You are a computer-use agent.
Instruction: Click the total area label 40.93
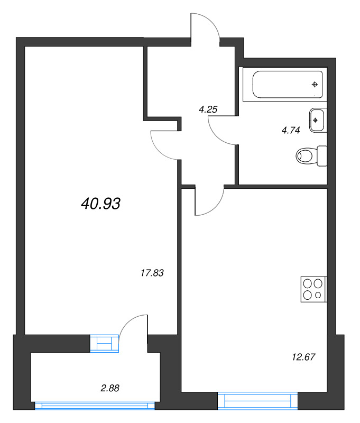[x=101, y=203]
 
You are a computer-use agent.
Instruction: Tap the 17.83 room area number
[x=152, y=273]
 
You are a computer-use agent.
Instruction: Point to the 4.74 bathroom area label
[x=291, y=131]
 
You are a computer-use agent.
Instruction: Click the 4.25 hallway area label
[x=208, y=110]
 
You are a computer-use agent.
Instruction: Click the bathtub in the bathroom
[x=287, y=85]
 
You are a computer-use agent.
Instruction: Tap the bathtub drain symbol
[x=315, y=85]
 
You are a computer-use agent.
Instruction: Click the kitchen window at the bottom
[x=257, y=401]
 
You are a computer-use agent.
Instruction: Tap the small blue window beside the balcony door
[x=105, y=343]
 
